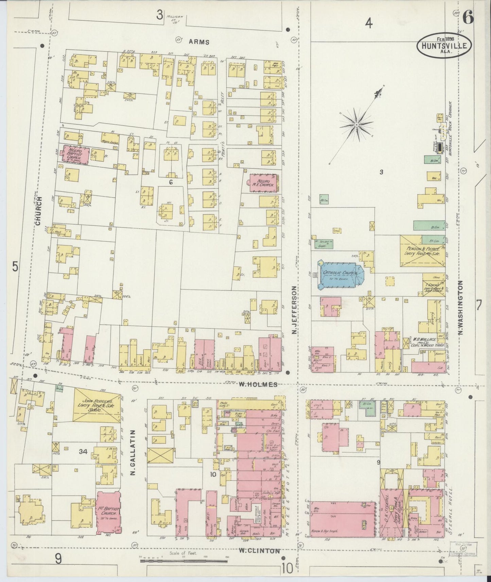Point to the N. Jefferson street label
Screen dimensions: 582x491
294,309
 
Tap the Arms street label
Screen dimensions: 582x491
199,42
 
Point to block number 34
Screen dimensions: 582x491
83,452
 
